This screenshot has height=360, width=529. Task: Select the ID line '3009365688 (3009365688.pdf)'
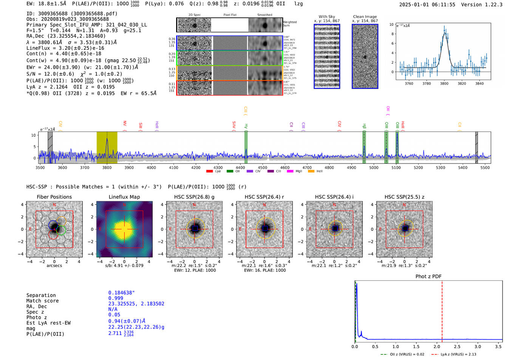point(72,14)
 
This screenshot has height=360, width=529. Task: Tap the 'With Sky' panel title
point(326,17)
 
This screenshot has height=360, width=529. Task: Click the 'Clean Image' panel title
point(365,17)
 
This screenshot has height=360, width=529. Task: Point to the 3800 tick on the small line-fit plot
point(444,83)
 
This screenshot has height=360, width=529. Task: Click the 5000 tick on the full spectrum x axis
point(374,168)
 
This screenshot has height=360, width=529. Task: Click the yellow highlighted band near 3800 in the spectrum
point(107,147)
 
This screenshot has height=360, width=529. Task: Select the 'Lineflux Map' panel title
point(124,197)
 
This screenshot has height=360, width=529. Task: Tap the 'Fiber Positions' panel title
point(54,197)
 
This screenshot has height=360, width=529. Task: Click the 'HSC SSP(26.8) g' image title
point(194,197)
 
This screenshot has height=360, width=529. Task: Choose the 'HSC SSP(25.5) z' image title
point(404,197)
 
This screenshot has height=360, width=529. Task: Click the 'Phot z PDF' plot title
point(428,276)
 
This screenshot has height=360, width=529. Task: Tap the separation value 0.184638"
point(121,293)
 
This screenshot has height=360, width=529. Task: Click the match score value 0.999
point(116,298)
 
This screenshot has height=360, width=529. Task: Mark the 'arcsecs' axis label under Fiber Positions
point(54,266)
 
